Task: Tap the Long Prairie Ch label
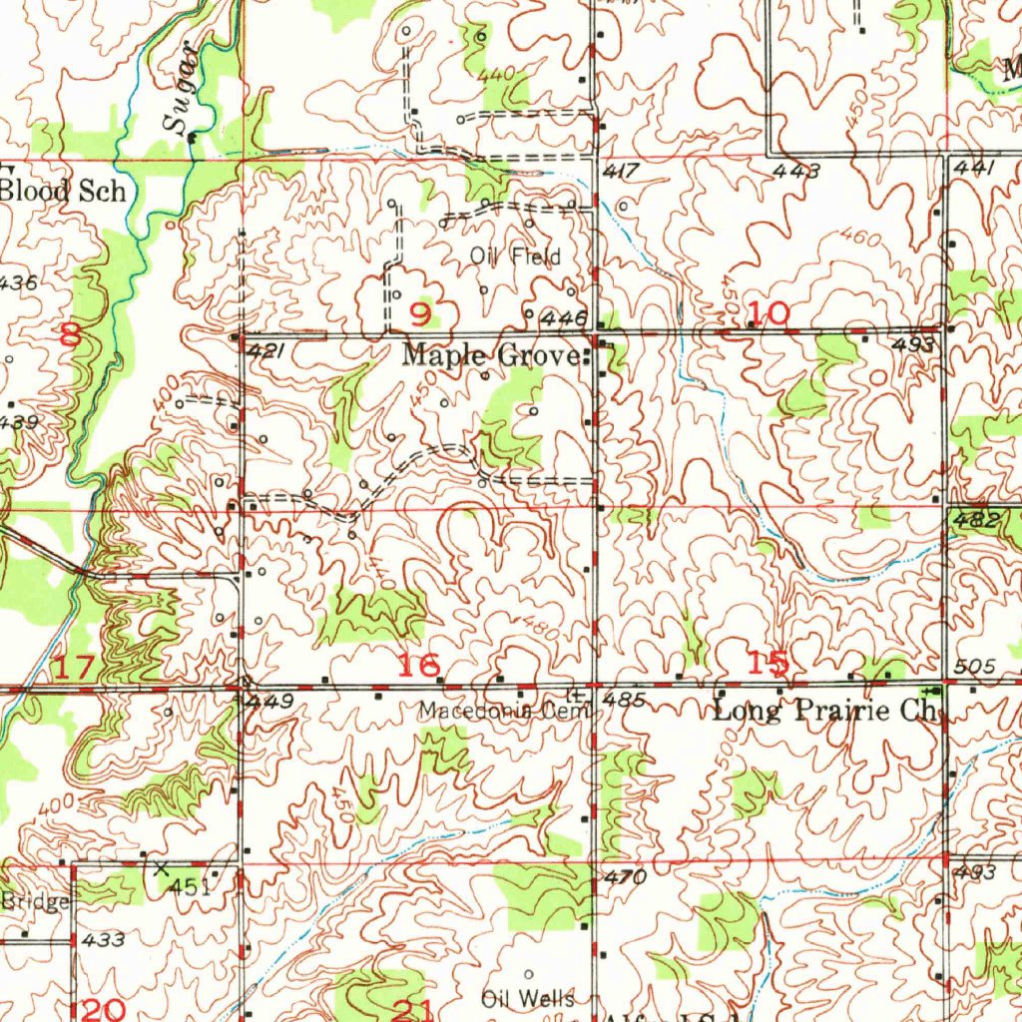[x=827, y=712]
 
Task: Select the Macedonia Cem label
[x=504, y=712]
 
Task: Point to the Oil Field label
[x=515, y=256]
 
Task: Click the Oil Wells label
[x=527, y=998]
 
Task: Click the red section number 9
[x=421, y=315]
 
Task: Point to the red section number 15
[x=769, y=662]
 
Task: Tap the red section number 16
[x=419, y=666]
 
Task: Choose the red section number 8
[x=70, y=334]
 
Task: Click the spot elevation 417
[x=622, y=173]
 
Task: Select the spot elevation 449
[x=270, y=703]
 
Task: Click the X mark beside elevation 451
[x=162, y=868]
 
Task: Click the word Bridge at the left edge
[x=34, y=902]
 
